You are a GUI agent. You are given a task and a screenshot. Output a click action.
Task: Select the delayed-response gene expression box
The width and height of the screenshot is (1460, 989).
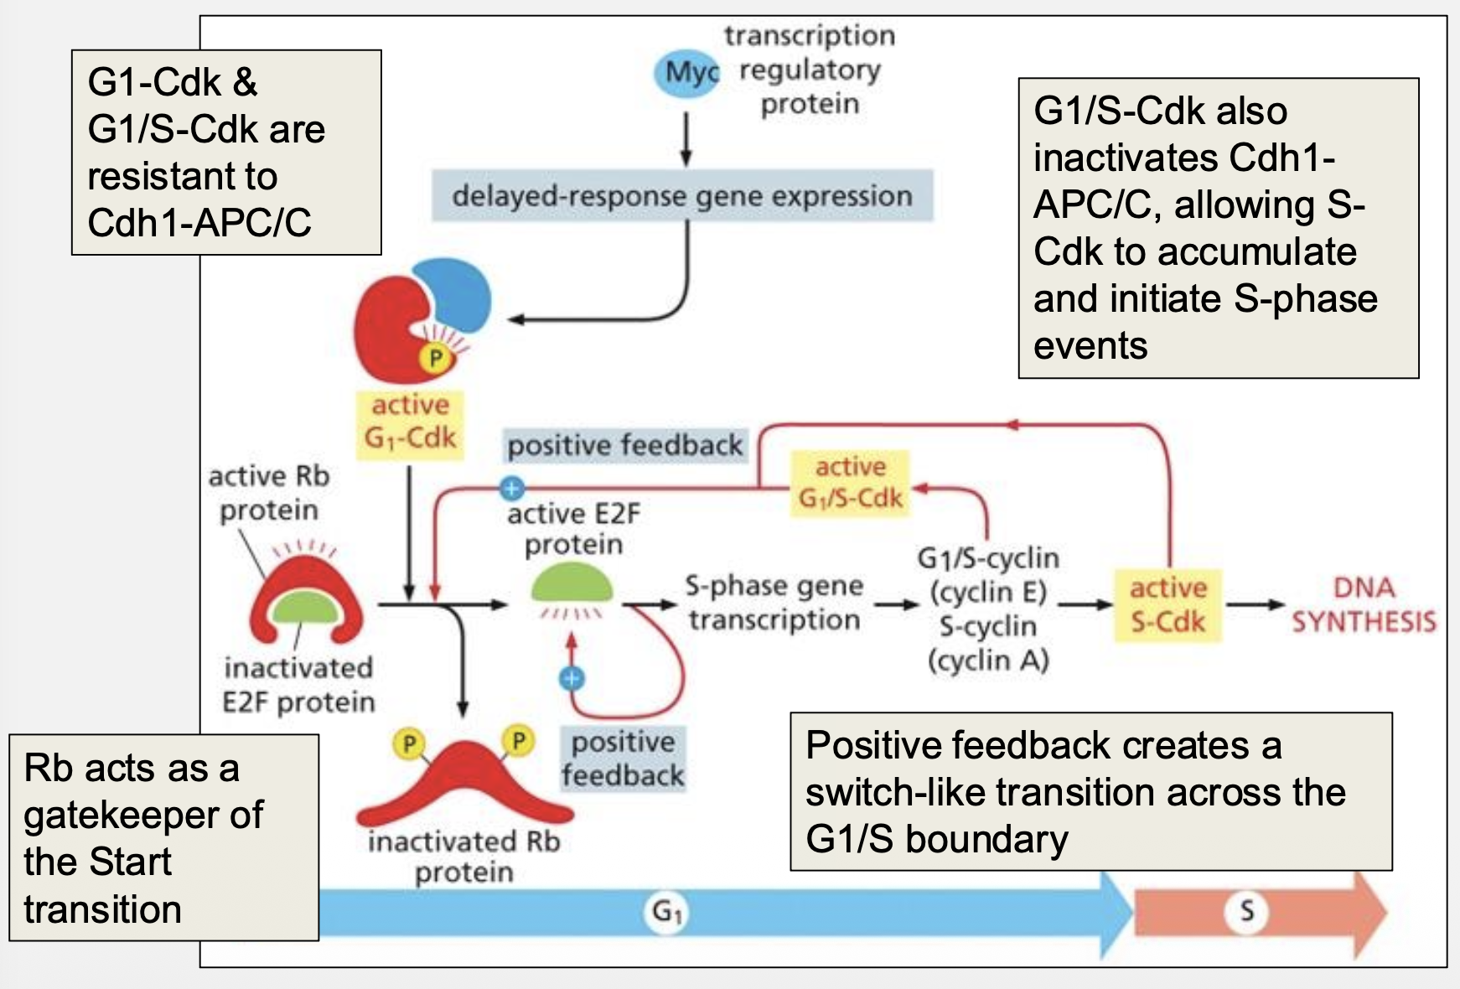[681, 196]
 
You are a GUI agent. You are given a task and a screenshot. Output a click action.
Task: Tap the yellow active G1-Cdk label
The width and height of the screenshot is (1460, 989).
[410, 422]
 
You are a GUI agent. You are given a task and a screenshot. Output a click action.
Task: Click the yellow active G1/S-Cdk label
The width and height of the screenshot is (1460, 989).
[850, 483]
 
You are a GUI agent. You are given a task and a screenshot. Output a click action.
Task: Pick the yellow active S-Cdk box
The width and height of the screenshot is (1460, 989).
[1167, 605]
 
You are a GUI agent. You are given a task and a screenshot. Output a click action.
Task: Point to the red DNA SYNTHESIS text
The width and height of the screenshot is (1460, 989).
[1363, 605]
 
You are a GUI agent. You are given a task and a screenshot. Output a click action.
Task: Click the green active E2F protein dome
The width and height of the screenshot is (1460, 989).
[572, 584]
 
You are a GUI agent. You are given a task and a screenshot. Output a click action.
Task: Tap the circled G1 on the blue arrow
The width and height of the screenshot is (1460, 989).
[667, 911]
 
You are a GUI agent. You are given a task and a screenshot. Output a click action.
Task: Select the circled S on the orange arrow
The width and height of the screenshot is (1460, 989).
[1246, 911]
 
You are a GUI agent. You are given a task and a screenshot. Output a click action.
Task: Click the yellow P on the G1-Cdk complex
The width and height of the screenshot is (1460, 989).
[435, 360]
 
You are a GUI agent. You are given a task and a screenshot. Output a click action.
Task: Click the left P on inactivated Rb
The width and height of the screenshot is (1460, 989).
[409, 743]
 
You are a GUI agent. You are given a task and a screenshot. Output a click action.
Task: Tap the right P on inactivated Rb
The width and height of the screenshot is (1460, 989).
[518, 741]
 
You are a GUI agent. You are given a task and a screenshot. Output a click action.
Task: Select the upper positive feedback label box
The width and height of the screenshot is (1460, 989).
[624, 445]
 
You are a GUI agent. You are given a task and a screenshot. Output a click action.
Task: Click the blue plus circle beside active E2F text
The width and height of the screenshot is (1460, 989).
[511, 488]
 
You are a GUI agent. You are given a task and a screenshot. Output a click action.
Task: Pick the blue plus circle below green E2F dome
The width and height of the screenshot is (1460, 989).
[572, 678]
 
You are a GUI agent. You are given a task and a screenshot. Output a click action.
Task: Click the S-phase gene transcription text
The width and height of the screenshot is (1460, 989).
[773, 603]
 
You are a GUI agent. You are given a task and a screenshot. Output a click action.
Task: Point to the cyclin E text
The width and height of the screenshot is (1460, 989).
[988, 592]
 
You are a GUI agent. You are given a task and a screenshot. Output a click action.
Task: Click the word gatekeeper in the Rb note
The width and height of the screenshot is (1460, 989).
[143, 815]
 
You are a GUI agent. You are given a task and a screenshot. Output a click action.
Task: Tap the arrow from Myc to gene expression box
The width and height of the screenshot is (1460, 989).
[686, 138]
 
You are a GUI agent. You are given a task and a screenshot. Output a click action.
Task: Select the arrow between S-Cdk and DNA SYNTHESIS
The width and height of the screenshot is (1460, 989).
[1254, 604]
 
